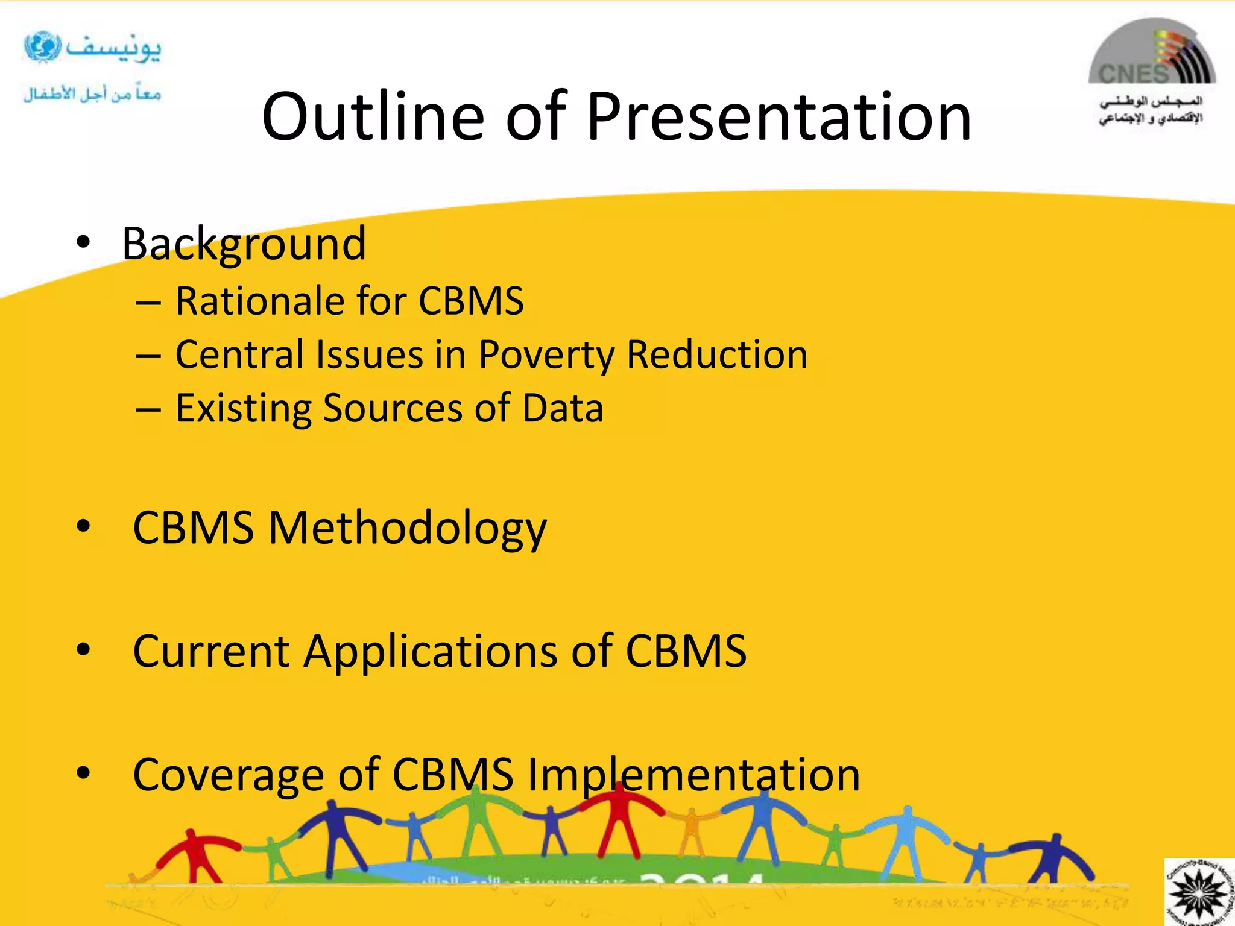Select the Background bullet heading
(x=244, y=244)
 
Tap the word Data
(x=562, y=408)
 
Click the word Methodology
(x=407, y=528)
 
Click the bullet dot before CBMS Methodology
(x=83, y=527)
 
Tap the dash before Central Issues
(x=148, y=356)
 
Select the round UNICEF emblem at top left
(x=42, y=46)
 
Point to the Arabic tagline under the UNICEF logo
(x=92, y=94)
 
